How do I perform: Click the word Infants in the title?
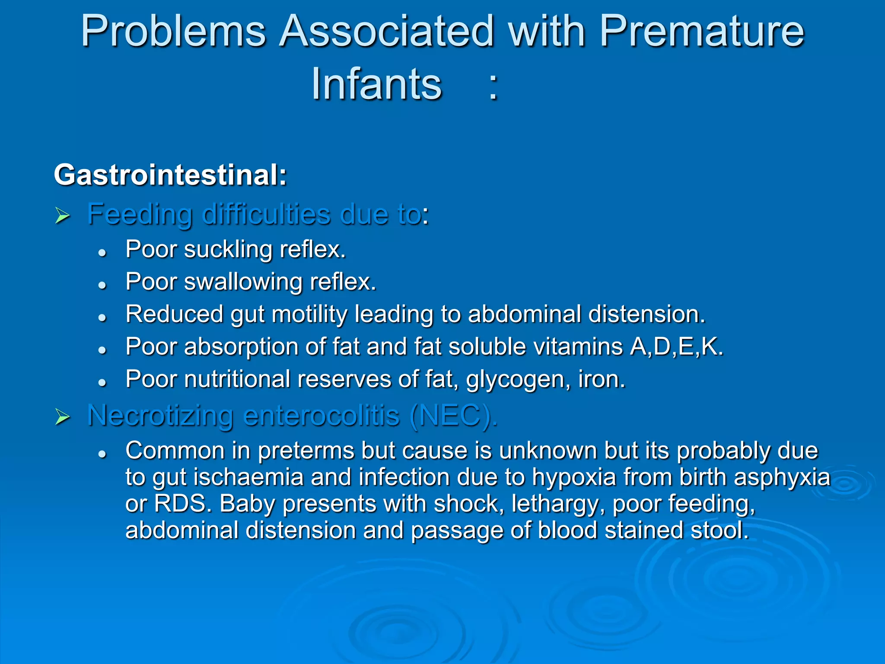376,84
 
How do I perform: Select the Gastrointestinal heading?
170,175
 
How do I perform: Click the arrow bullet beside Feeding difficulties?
63,215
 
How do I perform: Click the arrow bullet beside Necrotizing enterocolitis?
63,417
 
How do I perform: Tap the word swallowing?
243,282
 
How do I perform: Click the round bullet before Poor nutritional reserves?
102,382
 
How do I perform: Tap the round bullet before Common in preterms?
102,453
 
